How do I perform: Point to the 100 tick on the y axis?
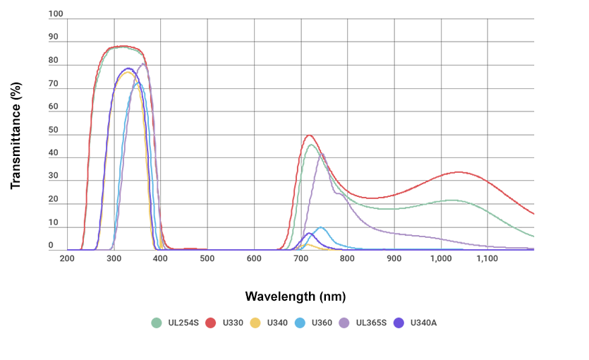click(x=56, y=14)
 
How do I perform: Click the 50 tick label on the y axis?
click(x=54, y=131)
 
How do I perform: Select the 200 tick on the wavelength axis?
click(x=67, y=258)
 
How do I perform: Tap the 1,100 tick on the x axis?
click(x=487, y=258)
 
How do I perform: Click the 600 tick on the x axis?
click(x=254, y=258)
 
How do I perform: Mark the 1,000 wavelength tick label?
click(x=441, y=258)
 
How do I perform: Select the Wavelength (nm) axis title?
click(x=296, y=296)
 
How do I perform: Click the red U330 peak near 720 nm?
click(x=308, y=135)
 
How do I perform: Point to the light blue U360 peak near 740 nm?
click(x=321, y=227)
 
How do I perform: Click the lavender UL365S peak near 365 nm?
click(x=144, y=64)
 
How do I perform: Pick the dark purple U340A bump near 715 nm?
click(x=308, y=233)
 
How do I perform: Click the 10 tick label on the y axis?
click(x=54, y=223)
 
